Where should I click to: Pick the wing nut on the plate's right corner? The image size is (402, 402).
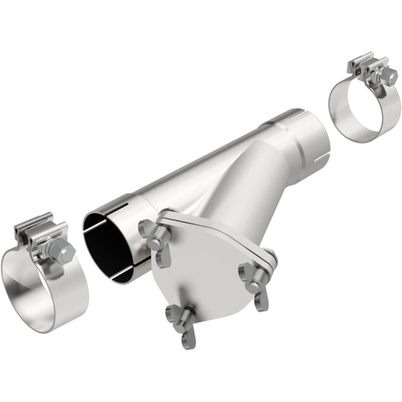256,277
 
